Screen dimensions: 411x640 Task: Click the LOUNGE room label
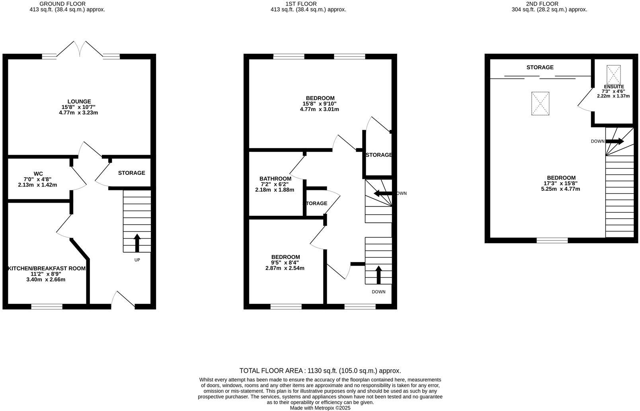coord(79,102)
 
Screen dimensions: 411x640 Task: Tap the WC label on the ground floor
coord(38,174)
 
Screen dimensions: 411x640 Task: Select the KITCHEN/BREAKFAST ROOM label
coord(47,268)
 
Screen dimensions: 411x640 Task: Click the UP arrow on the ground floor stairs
coord(137,243)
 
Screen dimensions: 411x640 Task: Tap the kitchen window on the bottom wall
coord(47,306)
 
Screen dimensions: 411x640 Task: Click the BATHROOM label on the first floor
coord(275,179)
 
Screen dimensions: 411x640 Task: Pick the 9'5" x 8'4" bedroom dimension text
coord(285,262)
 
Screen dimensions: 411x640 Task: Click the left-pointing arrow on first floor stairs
coord(382,194)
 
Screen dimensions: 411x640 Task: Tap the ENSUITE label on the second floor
coord(614,86)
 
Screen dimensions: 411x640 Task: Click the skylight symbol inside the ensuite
coord(613,74)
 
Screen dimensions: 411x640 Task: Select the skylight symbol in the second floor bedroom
coord(540,104)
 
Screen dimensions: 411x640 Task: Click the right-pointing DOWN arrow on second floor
coord(615,141)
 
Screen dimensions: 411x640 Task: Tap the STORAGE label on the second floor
coord(540,67)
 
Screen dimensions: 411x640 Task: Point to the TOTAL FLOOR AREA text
coord(320,370)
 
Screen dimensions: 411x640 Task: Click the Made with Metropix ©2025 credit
coord(320,408)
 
